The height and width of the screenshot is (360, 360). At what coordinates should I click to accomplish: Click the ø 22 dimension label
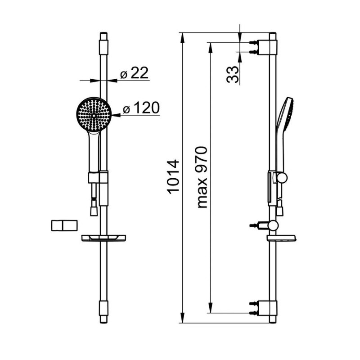tap(134, 73)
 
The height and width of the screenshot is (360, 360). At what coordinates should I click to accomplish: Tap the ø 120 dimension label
tap(141, 108)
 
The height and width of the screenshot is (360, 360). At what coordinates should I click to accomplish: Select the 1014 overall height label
tap(174, 177)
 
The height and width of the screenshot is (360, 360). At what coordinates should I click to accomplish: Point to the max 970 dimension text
tap(202, 177)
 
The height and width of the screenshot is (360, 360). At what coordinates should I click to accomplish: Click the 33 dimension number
tap(232, 74)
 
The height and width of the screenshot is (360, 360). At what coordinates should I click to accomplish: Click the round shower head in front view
tap(94, 115)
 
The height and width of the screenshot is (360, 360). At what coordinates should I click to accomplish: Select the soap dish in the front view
tap(104, 238)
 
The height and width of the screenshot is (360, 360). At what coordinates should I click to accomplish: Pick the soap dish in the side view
tap(281, 238)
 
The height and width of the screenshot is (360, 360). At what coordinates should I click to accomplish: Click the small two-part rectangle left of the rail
tap(64, 225)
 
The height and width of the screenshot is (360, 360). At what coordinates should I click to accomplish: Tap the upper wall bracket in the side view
tap(264, 47)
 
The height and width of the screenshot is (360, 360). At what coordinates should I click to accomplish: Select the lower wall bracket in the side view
tap(264, 308)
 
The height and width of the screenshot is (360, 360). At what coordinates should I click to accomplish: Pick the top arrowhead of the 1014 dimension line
tap(183, 38)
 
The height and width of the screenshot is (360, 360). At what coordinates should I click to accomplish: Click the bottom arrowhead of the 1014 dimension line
tap(183, 318)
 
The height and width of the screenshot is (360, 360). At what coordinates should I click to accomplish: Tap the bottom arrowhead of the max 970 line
tap(210, 307)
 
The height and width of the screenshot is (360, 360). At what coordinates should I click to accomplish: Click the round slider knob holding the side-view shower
tap(282, 178)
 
